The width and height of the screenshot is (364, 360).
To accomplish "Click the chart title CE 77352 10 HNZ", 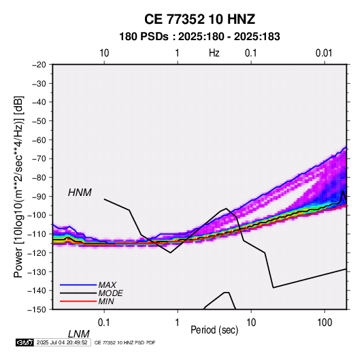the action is (199, 19).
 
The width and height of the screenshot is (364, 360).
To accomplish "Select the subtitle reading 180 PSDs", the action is (144, 37).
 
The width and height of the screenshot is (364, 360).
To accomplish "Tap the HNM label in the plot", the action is (80, 193).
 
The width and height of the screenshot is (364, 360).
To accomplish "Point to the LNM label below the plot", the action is (79, 334).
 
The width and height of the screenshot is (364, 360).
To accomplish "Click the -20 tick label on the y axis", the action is (39, 65).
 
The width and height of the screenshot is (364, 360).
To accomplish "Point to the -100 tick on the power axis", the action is (37, 215).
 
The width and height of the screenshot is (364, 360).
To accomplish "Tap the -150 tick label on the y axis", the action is (37, 310).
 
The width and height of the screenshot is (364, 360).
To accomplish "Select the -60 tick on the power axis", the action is (39, 140).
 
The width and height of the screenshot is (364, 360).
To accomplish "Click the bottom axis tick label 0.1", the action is (104, 323).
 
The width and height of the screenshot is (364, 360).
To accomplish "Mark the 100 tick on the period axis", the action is (325, 323).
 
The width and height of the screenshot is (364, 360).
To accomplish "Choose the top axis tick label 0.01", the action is (324, 53).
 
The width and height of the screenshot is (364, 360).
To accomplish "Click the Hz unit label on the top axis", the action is (214, 53).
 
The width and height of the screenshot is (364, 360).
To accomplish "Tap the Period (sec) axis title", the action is (214, 330).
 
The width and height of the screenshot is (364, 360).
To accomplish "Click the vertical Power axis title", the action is (18, 186).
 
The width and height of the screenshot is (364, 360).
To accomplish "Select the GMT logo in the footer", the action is (24, 342).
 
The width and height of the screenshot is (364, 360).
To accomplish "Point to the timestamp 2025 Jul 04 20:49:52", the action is (62, 342).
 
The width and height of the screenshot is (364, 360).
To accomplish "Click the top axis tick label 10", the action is (104, 53).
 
